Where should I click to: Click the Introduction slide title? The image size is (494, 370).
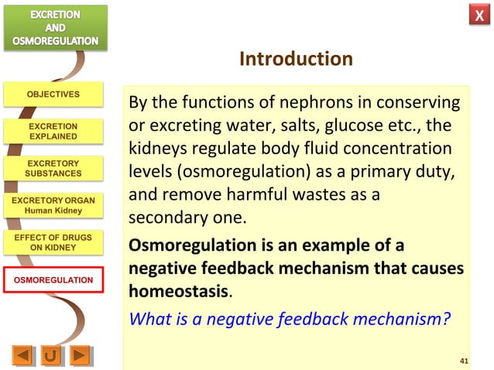coord(296,60)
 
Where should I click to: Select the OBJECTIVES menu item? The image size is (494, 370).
coord(53,94)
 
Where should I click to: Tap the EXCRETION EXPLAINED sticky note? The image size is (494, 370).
coord(53,131)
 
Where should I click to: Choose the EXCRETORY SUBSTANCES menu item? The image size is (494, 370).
coord(53,168)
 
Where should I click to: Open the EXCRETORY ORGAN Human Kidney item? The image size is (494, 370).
coord(53,205)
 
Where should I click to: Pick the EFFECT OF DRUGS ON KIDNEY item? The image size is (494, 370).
coord(53,242)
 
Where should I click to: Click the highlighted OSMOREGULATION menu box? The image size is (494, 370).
coord(53,279)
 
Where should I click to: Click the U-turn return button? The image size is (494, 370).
coord(51,356)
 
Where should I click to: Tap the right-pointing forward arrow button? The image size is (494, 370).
coord(79,356)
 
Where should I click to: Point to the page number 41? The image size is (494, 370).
coord(464,361)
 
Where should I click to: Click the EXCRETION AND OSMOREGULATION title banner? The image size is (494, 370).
coord(54,27)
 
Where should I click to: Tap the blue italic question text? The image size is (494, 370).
coord(289,317)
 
